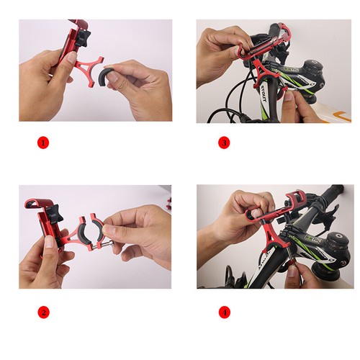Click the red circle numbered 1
coord(42,143)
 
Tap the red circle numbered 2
coord(42,312)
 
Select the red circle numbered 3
coord(223,143)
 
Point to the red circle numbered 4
coord(223,312)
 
